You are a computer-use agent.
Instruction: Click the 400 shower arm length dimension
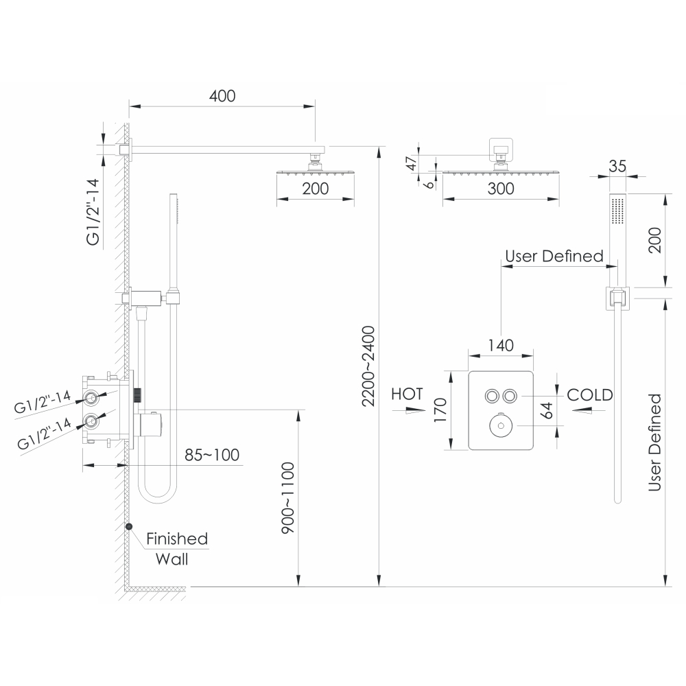pyautogui.click(x=222, y=96)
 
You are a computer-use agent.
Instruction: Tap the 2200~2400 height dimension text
pyautogui.click(x=368, y=366)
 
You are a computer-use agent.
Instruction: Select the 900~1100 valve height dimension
pyautogui.click(x=288, y=498)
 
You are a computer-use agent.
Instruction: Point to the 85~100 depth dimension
pyautogui.click(x=212, y=455)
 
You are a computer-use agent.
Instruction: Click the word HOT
pyautogui.click(x=407, y=394)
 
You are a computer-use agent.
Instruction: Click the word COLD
pyautogui.click(x=590, y=394)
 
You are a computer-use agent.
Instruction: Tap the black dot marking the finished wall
pyautogui.click(x=129, y=527)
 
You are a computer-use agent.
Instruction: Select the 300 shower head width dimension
pyautogui.click(x=501, y=189)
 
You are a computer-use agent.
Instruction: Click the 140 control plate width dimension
pyautogui.click(x=501, y=346)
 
